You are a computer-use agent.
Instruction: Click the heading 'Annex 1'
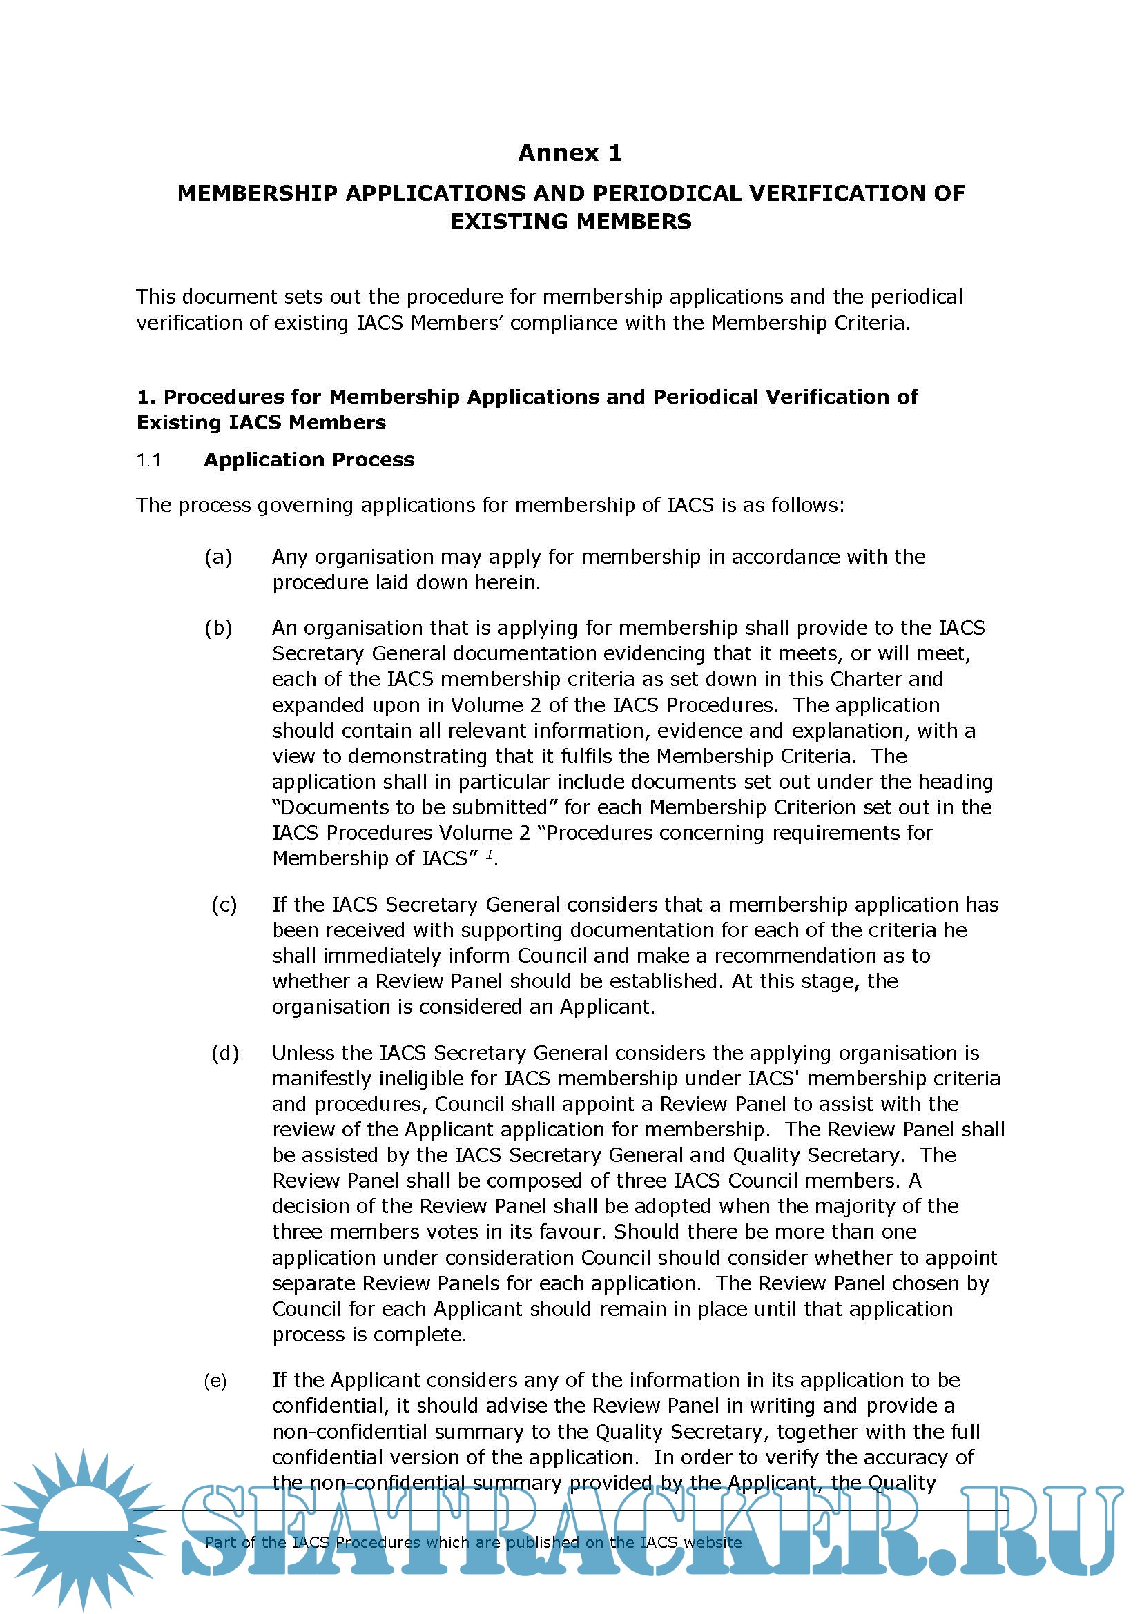tap(570, 152)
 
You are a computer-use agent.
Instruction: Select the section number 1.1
tap(148, 460)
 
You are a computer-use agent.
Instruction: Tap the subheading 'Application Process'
tap(309, 460)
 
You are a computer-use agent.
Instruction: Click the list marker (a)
tap(218, 557)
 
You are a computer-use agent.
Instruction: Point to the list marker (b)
tap(218, 628)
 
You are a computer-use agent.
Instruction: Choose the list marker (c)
tap(224, 905)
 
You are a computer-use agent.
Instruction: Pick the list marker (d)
tap(225, 1053)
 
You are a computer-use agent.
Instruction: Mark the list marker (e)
tap(215, 1381)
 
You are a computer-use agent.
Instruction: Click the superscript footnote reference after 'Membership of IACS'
tap(489, 855)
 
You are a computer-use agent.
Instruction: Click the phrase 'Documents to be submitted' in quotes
tap(415, 807)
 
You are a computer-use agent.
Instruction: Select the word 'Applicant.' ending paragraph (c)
tap(607, 1007)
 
